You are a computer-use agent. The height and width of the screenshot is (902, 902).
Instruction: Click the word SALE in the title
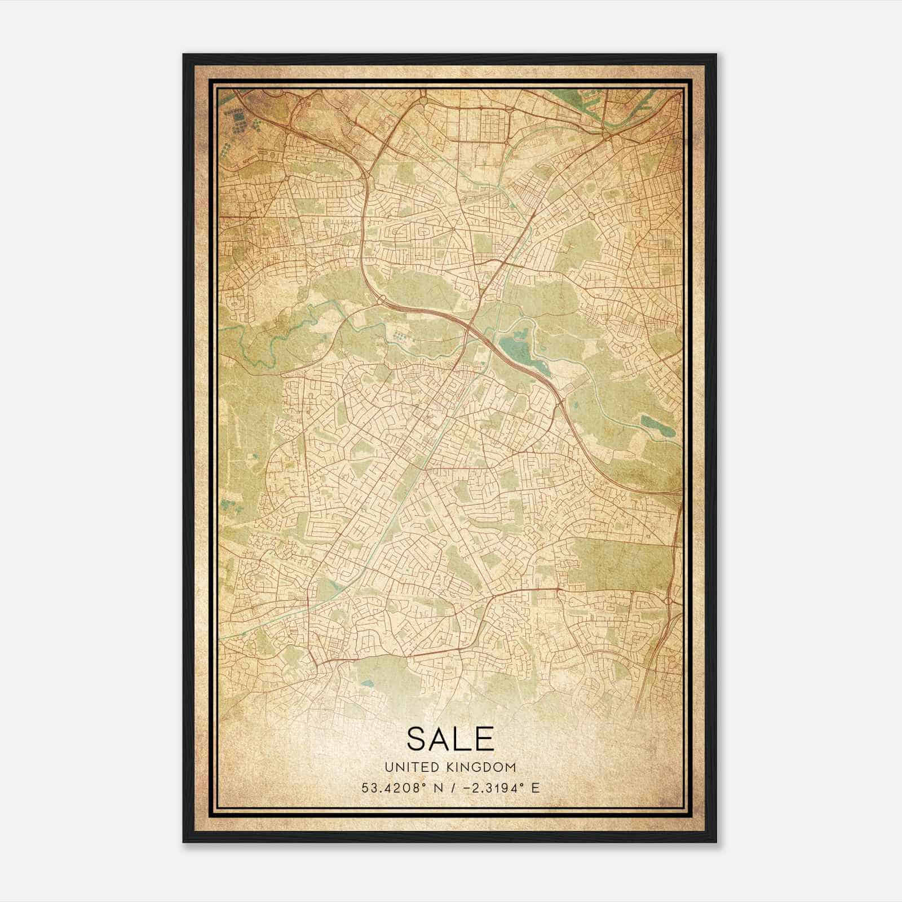coord(450,739)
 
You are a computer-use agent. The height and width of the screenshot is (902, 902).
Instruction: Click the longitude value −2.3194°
coord(490,788)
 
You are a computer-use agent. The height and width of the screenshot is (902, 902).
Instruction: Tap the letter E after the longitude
coord(536,788)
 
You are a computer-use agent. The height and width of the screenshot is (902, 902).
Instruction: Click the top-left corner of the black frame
coord(184,55)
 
